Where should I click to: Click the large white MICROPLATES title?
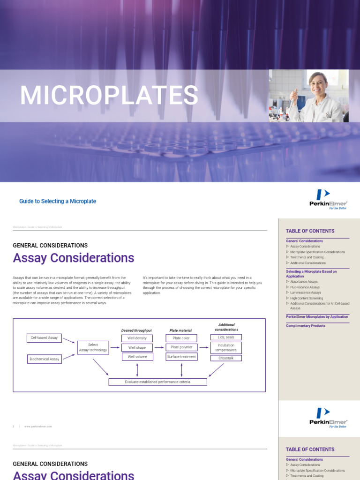(109, 96)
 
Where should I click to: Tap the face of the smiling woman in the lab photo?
(318, 84)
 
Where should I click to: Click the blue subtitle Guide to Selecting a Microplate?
(58, 201)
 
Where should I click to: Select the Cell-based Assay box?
(44, 337)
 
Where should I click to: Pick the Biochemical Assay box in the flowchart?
(45, 359)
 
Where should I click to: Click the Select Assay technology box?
(93, 347)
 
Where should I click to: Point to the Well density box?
(137, 338)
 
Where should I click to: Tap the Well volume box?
(137, 357)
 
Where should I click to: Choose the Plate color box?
(181, 338)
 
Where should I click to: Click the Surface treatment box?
(181, 357)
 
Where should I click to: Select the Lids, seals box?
(226, 337)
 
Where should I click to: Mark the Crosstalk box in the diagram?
(226, 358)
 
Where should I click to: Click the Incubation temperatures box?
(226, 347)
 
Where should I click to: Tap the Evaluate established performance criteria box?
(157, 382)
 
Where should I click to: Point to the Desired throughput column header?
(137, 330)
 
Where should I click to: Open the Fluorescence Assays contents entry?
(305, 287)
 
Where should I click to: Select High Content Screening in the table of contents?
(306, 298)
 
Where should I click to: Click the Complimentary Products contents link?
(306, 326)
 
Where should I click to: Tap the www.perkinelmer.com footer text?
(38, 427)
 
